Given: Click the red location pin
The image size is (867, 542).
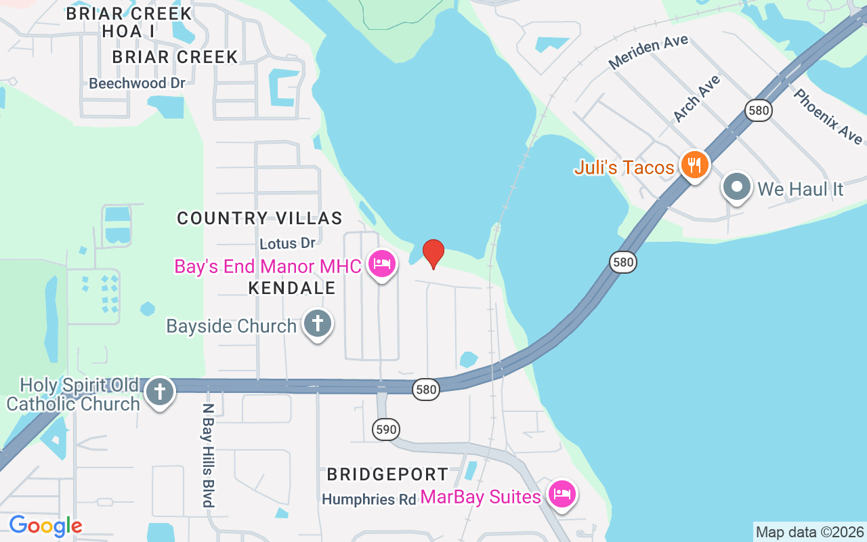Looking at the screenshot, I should tap(433, 253).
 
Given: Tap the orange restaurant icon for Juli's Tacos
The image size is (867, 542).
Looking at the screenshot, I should tap(694, 165).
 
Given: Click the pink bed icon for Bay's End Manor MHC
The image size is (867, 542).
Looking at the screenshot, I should tap(382, 264).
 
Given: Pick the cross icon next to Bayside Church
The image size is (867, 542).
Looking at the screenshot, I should tap(317, 324).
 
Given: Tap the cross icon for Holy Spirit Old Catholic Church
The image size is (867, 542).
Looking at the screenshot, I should tap(159, 392).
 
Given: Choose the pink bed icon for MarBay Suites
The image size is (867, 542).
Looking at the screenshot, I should tap(562, 494).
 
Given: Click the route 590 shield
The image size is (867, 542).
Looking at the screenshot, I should tap(385, 429).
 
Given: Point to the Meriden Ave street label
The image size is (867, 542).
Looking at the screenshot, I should tap(648, 52).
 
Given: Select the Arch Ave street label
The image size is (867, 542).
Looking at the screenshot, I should tap(696, 99).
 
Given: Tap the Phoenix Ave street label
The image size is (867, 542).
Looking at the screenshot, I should tap(828, 116).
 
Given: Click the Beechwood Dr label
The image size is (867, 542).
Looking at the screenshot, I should tap(137, 83).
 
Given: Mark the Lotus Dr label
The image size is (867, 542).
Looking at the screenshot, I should tap(288, 242).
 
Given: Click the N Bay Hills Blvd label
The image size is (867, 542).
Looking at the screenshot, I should tap(209, 455).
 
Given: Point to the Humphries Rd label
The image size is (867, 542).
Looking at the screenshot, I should tap(368, 499).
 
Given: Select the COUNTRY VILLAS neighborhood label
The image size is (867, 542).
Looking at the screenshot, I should tap(259, 218).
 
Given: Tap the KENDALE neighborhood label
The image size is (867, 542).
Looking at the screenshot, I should tap(292, 288).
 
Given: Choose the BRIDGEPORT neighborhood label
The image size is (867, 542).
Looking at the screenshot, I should tap(387, 474).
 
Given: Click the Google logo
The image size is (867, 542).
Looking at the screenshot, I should tap(45, 526).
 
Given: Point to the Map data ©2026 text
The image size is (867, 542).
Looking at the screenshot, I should tap(809, 532).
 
